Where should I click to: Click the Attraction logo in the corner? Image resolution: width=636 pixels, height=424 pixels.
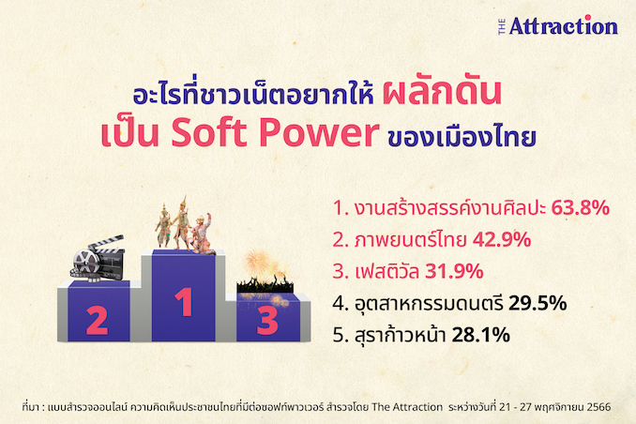(x=558, y=26)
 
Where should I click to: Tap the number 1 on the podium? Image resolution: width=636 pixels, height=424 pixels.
(x=184, y=301)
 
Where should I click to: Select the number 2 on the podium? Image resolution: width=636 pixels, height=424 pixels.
(x=97, y=320)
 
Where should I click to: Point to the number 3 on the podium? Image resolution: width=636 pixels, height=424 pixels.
(x=267, y=321)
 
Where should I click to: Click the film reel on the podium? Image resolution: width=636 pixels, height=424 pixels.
(x=86, y=265)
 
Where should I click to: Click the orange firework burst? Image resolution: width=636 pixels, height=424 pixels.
(x=258, y=265)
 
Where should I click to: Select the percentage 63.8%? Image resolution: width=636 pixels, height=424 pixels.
(x=580, y=207)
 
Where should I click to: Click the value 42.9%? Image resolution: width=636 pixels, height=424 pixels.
(x=502, y=239)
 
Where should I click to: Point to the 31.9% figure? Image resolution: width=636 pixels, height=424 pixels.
(x=454, y=271)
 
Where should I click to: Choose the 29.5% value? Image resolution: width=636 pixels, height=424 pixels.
(x=538, y=303)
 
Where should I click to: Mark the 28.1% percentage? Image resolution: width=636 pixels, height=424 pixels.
(x=480, y=335)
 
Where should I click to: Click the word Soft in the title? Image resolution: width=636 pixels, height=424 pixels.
(x=209, y=132)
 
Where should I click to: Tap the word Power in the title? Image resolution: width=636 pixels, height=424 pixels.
(x=319, y=133)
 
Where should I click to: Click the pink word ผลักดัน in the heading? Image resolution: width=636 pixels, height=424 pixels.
(x=442, y=93)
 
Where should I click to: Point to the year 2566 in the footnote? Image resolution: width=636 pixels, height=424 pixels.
(x=600, y=406)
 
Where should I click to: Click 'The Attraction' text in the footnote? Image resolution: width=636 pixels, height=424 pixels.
(x=407, y=406)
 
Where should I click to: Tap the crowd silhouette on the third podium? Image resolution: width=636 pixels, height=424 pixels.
(x=265, y=284)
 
